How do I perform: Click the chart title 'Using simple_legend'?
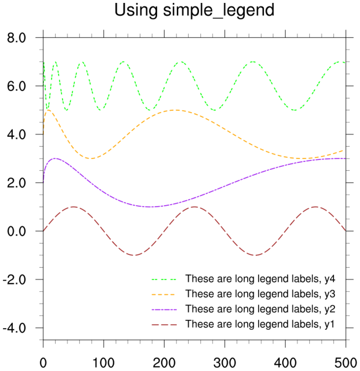tap(194, 10)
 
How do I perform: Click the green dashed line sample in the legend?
tap(164, 279)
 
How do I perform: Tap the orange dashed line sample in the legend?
tap(164, 294)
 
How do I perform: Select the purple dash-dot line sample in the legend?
tap(164, 309)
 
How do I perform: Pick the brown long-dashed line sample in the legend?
tap(164, 324)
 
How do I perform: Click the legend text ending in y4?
tap(260, 279)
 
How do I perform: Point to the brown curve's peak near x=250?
tap(194, 207)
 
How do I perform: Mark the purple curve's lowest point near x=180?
tap(151, 207)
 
